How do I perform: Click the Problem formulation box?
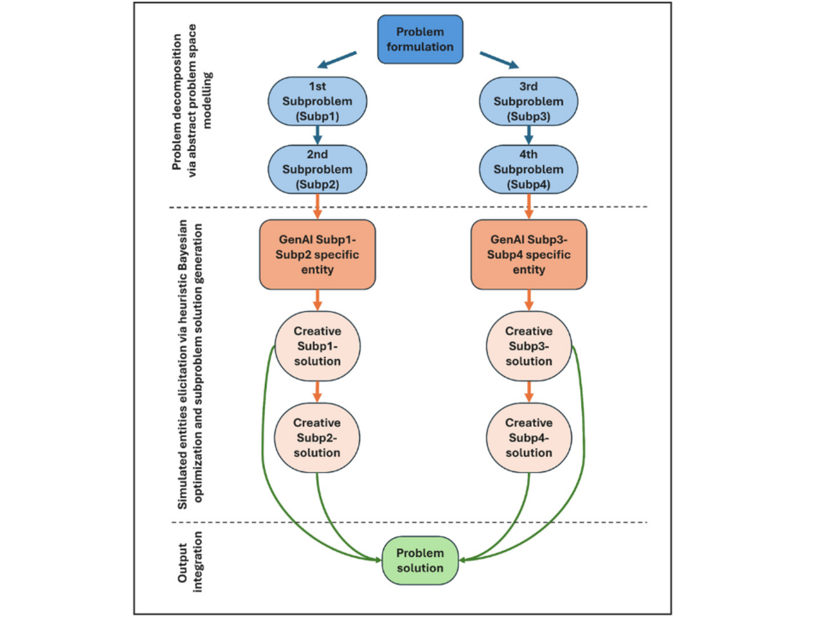pyautogui.click(x=420, y=39)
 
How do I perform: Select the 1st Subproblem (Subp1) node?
pyautogui.click(x=317, y=101)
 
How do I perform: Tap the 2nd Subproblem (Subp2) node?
pyautogui.click(x=317, y=169)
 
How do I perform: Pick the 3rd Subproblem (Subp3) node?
pyautogui.click(x=528, y=101)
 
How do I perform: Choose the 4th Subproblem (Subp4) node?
pyautogui.click(x=528, y=169)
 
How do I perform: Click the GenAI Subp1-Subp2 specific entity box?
pyautogui.click(x=317, y=255)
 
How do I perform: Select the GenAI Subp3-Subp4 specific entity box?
pyautogui.click(x=528, y=255)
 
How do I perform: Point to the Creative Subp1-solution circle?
pyautogui.click(x=317, y=346)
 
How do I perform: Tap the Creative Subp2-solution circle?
pyautogui.click(x=317, y=438)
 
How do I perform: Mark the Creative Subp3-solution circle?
pyautogui.click(x=528, y=346)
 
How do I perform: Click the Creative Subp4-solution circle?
pyautogui.click(x=528, y=438)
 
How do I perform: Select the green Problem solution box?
pyautogui.click(x=420, y=560)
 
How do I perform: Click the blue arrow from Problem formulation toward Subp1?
pyautogui.click(x=338, y=60)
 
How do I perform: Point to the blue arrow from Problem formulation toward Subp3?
pyautogui.click(x=499, y=60)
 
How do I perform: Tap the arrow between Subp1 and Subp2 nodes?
pyautogui.click(x=317, y=135)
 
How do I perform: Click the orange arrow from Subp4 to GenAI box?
pyautogui.click(x=529, y=206)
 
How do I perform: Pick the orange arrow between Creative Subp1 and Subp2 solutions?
pyautogui.click(x=317, y=391)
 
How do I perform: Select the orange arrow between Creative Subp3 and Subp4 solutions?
pyautogui.click(x=529, y=391)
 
